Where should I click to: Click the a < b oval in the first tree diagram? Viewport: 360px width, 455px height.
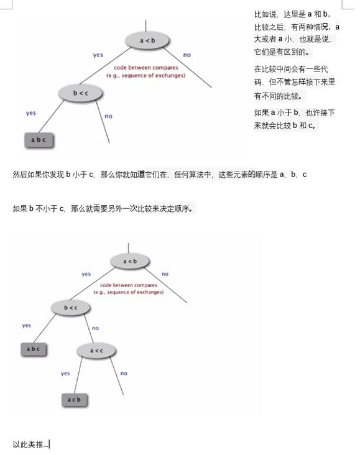coord(146,40)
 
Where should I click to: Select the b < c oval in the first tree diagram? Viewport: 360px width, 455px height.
coord(80,93)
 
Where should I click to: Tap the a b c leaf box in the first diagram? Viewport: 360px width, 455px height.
coord(39,140)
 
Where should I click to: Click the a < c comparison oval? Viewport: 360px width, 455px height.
coord(96,351)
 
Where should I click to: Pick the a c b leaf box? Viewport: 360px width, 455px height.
coord(75,399)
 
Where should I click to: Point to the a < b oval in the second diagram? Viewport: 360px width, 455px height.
coord(130,261)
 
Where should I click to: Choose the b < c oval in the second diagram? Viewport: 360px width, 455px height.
coord(70,308)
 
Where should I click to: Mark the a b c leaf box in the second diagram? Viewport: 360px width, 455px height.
coord(35,349)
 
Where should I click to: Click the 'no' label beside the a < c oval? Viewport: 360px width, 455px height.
coord(124,373)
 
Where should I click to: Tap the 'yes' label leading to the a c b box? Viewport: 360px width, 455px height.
coord(65,373)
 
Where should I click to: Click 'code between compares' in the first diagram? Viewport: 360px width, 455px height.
coord(146,67)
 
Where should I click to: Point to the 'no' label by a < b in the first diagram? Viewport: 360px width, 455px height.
coord(187,55)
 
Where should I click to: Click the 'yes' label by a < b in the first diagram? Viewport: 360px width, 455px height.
coord(98,55)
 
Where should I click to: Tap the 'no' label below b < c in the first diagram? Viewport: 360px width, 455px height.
coord(108,116)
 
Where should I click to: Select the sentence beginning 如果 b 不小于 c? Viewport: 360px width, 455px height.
coord(103,208)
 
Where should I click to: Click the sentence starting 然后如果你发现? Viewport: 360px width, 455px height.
coord(159,175)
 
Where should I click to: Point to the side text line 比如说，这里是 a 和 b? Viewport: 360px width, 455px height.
coord(293,14)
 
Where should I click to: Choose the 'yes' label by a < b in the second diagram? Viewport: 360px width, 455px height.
coord(86,274)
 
